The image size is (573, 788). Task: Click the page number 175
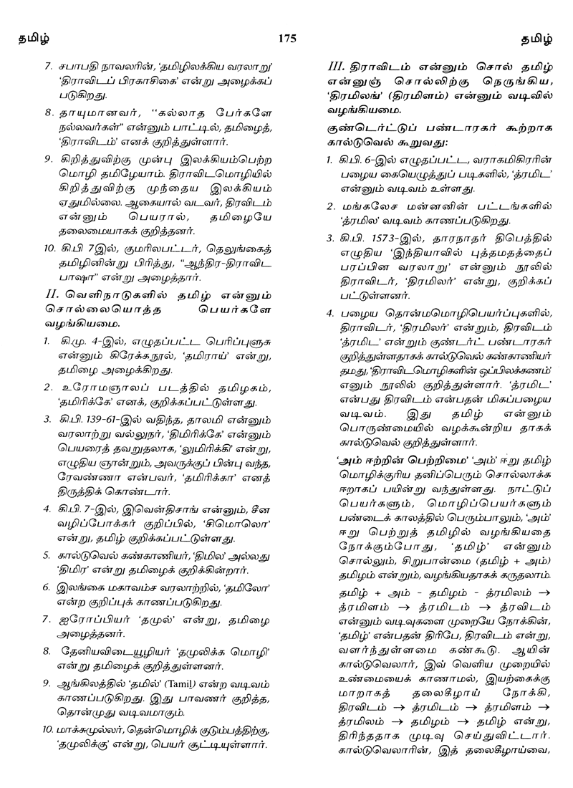[286, 37]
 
